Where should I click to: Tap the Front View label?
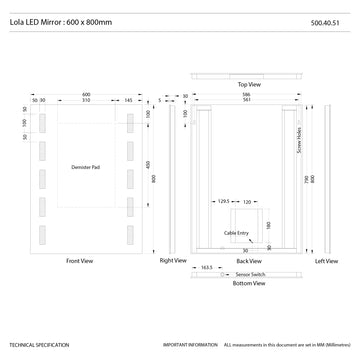80,261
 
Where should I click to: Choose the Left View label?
327,261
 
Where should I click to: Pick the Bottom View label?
250,283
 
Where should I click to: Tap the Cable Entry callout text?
236,233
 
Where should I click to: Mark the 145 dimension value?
128,100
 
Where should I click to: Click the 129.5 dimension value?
223,200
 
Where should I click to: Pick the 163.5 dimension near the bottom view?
208,268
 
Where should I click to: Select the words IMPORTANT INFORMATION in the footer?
191,343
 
